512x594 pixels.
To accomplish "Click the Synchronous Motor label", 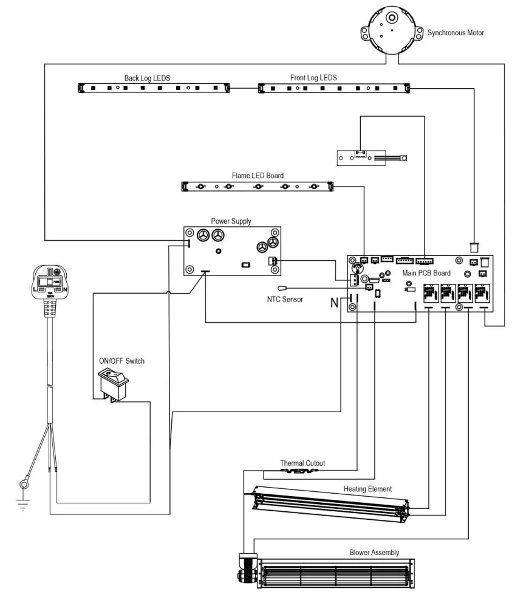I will (456, 33).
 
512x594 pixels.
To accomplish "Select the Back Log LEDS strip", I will (155, 88).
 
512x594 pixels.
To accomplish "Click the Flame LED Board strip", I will (258, 186).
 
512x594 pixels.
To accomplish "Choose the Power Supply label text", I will (231, 221).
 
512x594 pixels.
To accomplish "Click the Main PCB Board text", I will (426, 274).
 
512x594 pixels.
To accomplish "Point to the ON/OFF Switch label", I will (121, 361).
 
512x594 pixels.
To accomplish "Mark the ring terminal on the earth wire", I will (24, 485).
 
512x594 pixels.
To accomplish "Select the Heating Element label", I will (367, 489).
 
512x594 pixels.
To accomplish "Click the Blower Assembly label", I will (374, 553).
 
